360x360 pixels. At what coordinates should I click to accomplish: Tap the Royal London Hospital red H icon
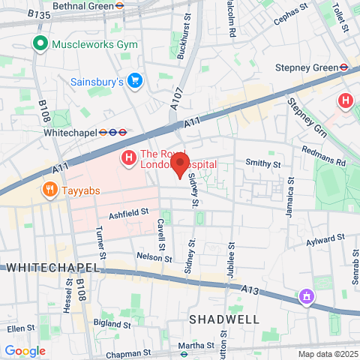(129, 158)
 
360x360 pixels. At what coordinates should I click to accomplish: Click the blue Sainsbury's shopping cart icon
(135, 80)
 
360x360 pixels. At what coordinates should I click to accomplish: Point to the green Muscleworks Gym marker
(40, 44)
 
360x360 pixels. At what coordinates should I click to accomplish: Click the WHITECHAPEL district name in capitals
(52, 268)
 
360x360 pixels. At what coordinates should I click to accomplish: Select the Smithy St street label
(263, 163)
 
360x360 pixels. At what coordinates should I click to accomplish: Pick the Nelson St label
(134, 256)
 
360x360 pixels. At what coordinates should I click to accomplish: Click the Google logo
(25, 351)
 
